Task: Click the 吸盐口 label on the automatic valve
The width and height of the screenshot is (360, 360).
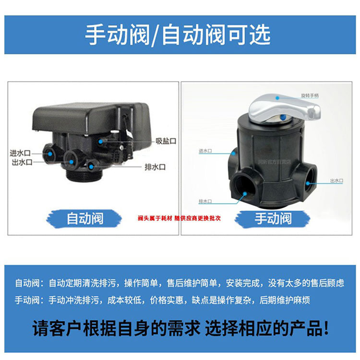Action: pos(166,141)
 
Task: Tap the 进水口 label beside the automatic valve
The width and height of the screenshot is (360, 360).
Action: pos(20,153)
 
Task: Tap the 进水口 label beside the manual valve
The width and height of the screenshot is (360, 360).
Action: pos(205,151)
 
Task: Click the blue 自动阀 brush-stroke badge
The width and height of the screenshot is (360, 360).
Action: pos(84,219)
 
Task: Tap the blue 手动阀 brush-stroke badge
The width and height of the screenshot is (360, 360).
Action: pos(273,219)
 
